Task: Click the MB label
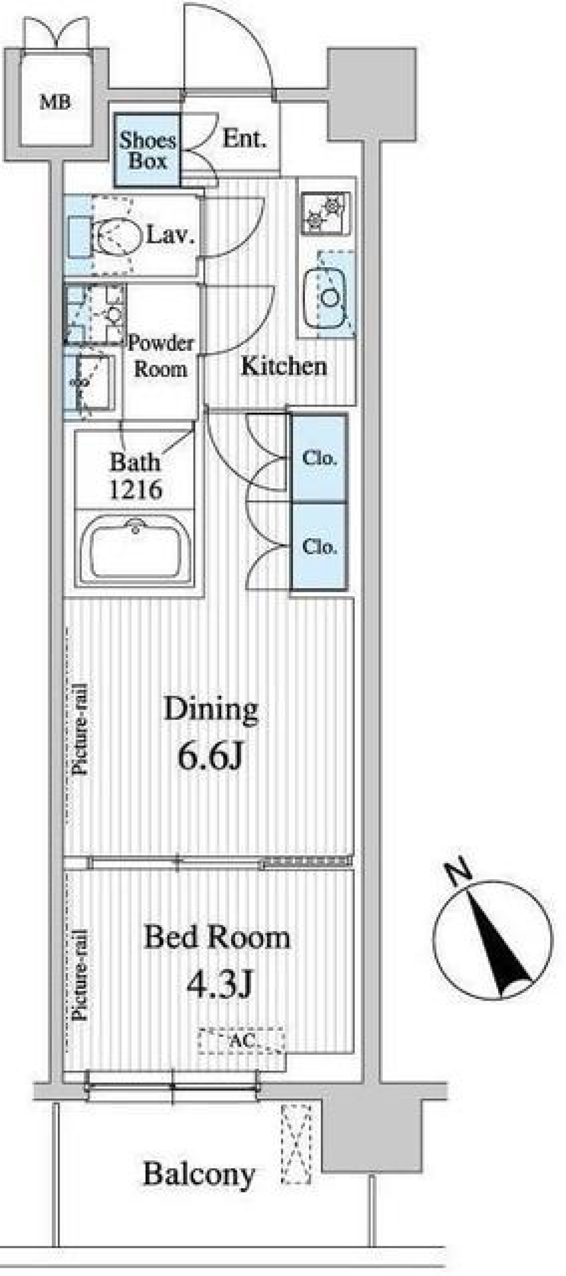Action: (55, 102)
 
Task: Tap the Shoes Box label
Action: (147, 150)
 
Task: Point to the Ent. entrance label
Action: (244, 139)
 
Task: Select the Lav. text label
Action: (170, 236)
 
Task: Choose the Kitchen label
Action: (284, 367)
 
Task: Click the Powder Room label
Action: (160, 356)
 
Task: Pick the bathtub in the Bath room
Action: (136, 547)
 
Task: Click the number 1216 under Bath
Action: (136, 489)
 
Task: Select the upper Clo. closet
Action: (319, 458)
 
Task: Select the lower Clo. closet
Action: (319, 546)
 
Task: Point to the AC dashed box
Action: (241, 1041)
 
